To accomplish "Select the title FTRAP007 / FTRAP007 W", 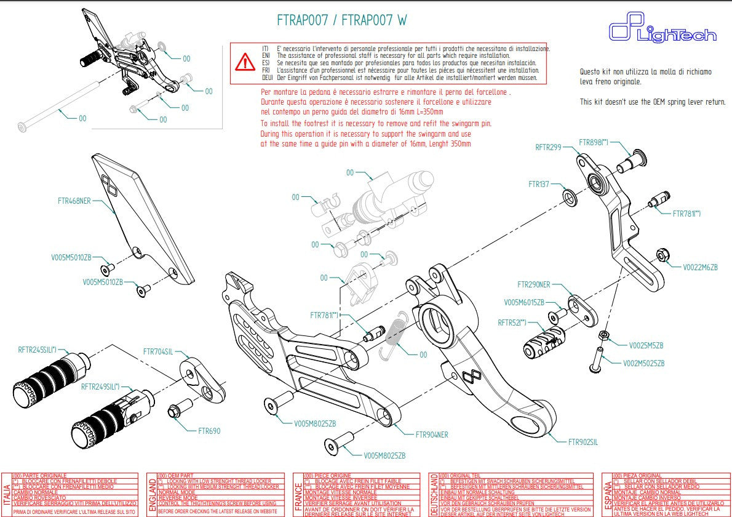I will click(341, 20).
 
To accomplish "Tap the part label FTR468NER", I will click(74, 201).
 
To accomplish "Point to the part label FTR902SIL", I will click(583, 441).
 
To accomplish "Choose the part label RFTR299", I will click(548, 147).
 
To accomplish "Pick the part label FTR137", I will click(538, 184).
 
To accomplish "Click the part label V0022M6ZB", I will click(700, 267).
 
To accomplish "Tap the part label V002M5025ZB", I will click(643, 363).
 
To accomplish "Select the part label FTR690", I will click(209, 431).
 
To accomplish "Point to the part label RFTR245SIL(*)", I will click(37, 350).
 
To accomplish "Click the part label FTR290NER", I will click(534, 285).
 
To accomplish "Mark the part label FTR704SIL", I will click(158, 352).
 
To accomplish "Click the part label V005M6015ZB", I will click(524, 302).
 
